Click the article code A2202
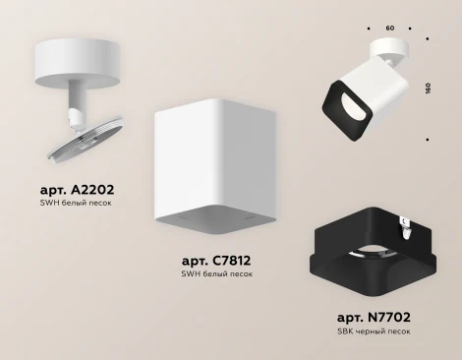[x=78, y=190]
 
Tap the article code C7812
[x=216, y=261]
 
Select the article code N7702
[x=374, y=317]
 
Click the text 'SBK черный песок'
[x=374, y=331]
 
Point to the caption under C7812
[x=217, y=273]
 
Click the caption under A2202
[x=76, y=203]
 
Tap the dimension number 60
[x=390, y=29]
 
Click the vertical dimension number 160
[x=428, y=89]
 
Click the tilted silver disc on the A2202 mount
[x=86, y=139]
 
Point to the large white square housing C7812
[x=216, y=166]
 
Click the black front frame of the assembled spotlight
[x=347, y=111]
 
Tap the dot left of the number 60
[x=369, y=29]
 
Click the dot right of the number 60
[x=410, y=29]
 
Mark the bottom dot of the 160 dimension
[x=428, y=140]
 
